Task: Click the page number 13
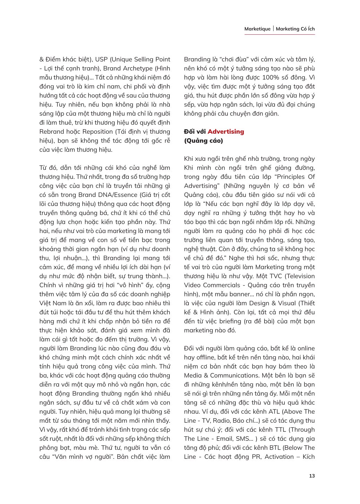coord(312,476)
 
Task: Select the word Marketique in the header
coord(257,29)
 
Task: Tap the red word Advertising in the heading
coord(226,132)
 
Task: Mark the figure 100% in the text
coord(263,77)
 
